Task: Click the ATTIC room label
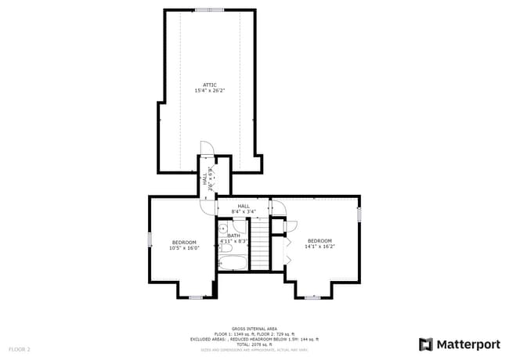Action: click(210, 85)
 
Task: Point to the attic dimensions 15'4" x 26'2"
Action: click(210, 91)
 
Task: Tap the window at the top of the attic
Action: click(209, 10)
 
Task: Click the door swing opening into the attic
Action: click(206, 148)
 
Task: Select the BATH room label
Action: click(234, 235)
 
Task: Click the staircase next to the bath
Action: click(258, 243)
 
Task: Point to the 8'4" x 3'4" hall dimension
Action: click(244, 211)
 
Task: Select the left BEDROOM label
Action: click(185, 242)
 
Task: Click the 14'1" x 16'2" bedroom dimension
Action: click(319, 247)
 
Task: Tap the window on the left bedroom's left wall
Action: click(150, 240)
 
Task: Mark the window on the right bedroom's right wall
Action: click(359, 214)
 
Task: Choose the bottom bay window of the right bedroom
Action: click(312, 297)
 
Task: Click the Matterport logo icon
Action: click(426, 344)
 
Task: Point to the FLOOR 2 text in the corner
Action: click(20, 348)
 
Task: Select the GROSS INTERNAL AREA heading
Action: click(254, 329)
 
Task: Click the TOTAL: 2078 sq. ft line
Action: click(254, 344)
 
